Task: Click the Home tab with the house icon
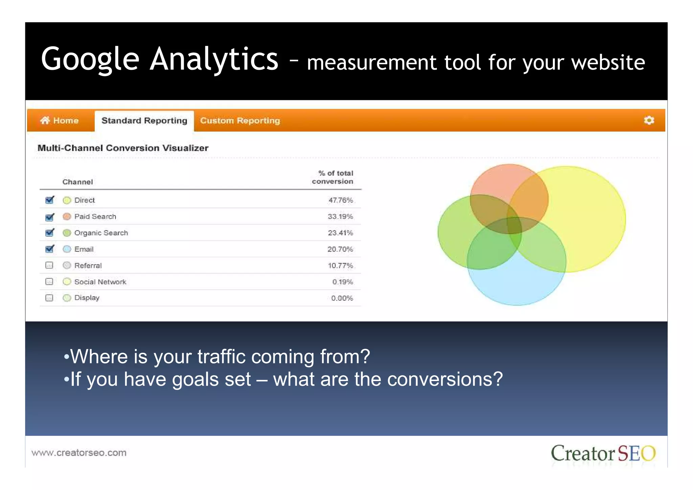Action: point(60,121)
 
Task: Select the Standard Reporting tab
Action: point(144,121)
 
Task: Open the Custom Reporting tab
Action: point(240,121)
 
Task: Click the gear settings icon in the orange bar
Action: point(648,121)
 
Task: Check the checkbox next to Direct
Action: point(50,200)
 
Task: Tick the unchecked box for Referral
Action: point(49,265)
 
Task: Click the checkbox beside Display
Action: point(49,298)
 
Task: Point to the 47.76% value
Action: point(340,200)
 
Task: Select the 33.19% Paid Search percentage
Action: point(340,216)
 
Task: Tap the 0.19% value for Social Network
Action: point(342,282)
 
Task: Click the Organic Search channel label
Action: point(101,233)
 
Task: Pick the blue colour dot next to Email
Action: point(67,249)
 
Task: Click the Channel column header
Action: point(77,182)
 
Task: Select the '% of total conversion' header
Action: point(333,177)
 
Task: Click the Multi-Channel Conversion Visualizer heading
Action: point(123,148)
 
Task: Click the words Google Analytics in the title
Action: point(159,59)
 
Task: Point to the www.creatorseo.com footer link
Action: point(79,453)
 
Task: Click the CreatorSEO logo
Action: point(603,453)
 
